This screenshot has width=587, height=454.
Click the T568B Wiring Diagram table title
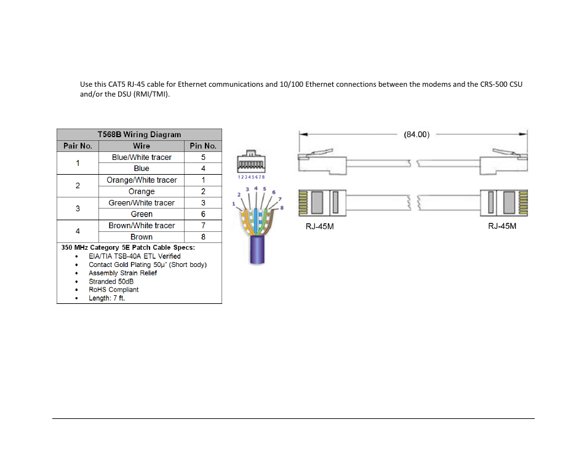point(139,135)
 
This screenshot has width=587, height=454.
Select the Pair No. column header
point(78,146)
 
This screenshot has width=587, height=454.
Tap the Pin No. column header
point(203,146)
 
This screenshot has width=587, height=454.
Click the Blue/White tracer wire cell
point(142,157)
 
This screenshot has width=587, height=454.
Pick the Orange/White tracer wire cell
point(142,180)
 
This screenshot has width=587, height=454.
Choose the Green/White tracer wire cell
point(142,203)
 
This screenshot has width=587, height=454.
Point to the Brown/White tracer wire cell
point(142,226)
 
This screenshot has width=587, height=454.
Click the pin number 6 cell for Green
point(203,214)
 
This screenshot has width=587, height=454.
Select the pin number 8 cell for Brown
point(203,237)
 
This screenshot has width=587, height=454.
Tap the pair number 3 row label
point(78,209)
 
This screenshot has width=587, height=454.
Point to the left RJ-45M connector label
point(320,227)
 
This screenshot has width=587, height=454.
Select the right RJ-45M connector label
point(502,227)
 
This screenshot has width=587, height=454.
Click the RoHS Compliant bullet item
point(114,290)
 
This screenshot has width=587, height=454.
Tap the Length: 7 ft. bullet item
point(106,298)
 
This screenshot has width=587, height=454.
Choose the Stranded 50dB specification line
point(111,281)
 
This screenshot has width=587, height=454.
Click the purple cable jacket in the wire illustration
point(257,249)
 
